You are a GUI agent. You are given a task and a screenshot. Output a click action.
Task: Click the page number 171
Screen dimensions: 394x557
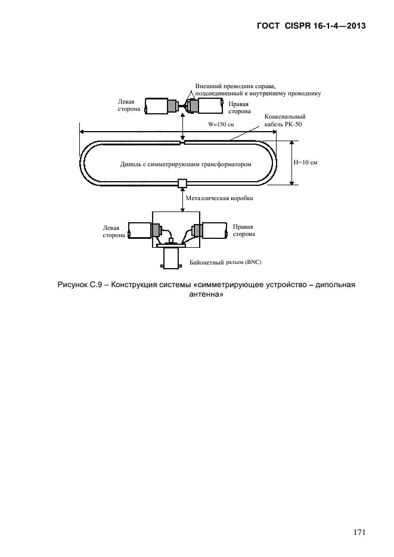click(x=359, y=532)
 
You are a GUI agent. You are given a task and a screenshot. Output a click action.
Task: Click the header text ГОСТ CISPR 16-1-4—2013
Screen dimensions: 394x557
click(x=311, y=26)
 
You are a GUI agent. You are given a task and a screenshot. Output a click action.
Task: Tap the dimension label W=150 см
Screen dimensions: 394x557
click(x=221, y=125)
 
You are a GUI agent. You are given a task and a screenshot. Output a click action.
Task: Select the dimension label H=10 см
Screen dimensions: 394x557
click(x=305, y=163)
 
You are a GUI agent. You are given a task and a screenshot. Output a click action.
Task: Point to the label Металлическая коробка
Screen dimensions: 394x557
click(x=219, y=198)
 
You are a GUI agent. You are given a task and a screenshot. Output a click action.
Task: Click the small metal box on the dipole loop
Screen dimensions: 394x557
click(x=182, y=183)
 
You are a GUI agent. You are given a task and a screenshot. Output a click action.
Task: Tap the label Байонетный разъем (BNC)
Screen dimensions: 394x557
click(x=225, y=263)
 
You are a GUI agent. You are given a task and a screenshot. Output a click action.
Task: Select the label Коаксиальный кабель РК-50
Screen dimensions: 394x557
click(x=285, y=120)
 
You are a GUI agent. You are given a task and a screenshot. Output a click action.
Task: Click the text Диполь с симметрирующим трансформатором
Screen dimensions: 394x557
click(x=186, y=164)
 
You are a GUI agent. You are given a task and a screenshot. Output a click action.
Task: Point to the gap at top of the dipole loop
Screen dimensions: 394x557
click(x=182, y=143)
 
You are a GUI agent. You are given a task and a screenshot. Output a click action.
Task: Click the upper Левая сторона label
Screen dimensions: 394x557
click(x=129, y=105)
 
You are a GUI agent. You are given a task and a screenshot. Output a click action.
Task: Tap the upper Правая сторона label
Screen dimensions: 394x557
click(x=240, y=108)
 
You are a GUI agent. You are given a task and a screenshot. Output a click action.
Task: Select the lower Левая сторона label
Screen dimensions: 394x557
click(x=114, y=232)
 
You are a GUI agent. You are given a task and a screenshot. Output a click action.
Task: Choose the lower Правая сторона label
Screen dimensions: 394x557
click(x=244, y=231)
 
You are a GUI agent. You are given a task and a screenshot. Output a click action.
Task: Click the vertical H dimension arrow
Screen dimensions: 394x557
click(x=291, y=163)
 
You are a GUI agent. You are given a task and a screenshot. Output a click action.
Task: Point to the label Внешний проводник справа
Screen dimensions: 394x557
click(x=235, y=86)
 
